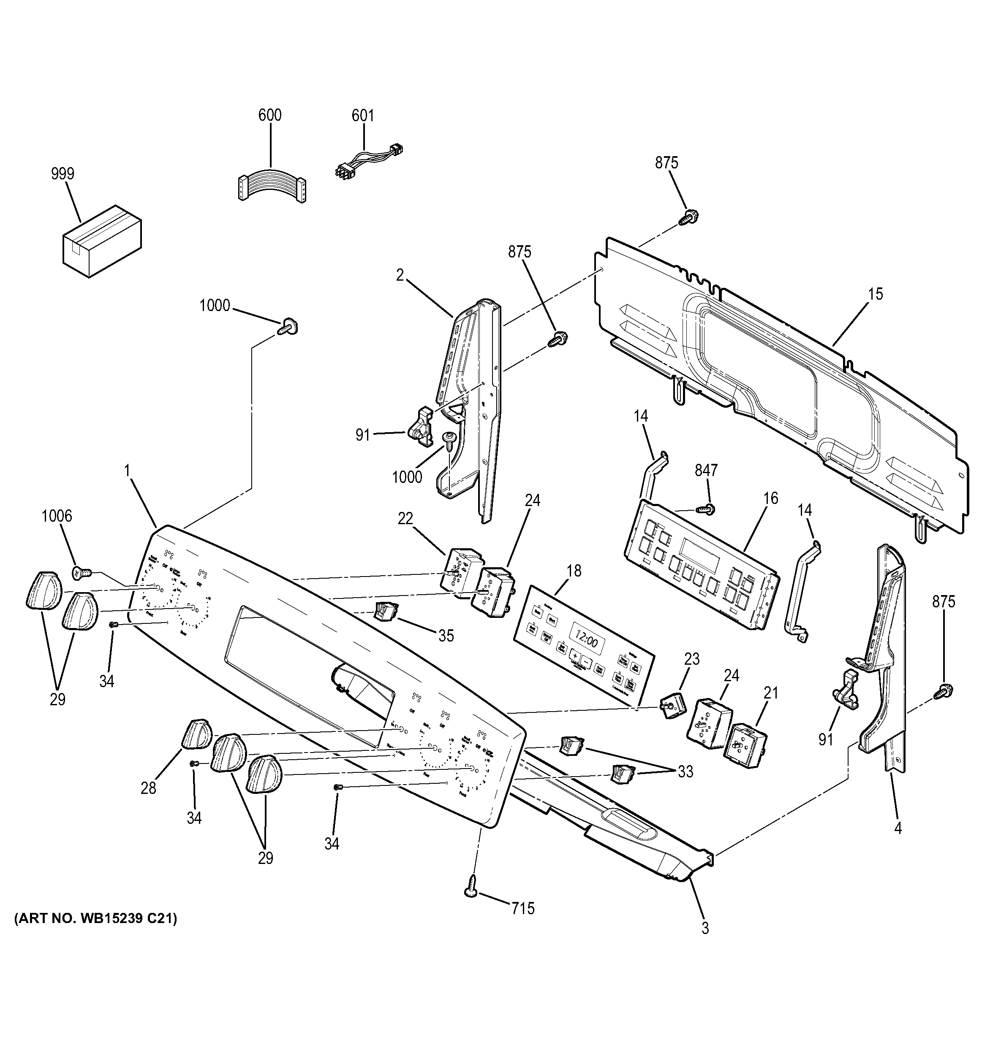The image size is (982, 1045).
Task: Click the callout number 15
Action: coord(875,294)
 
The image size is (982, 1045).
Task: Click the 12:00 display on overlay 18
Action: coord(585,642)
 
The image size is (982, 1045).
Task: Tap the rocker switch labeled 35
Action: coord(385,611)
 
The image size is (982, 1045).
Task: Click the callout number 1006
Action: coord(57,516)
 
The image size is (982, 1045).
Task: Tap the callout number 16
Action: coord(770,498)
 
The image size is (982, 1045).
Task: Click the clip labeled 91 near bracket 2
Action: coord(420,425)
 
